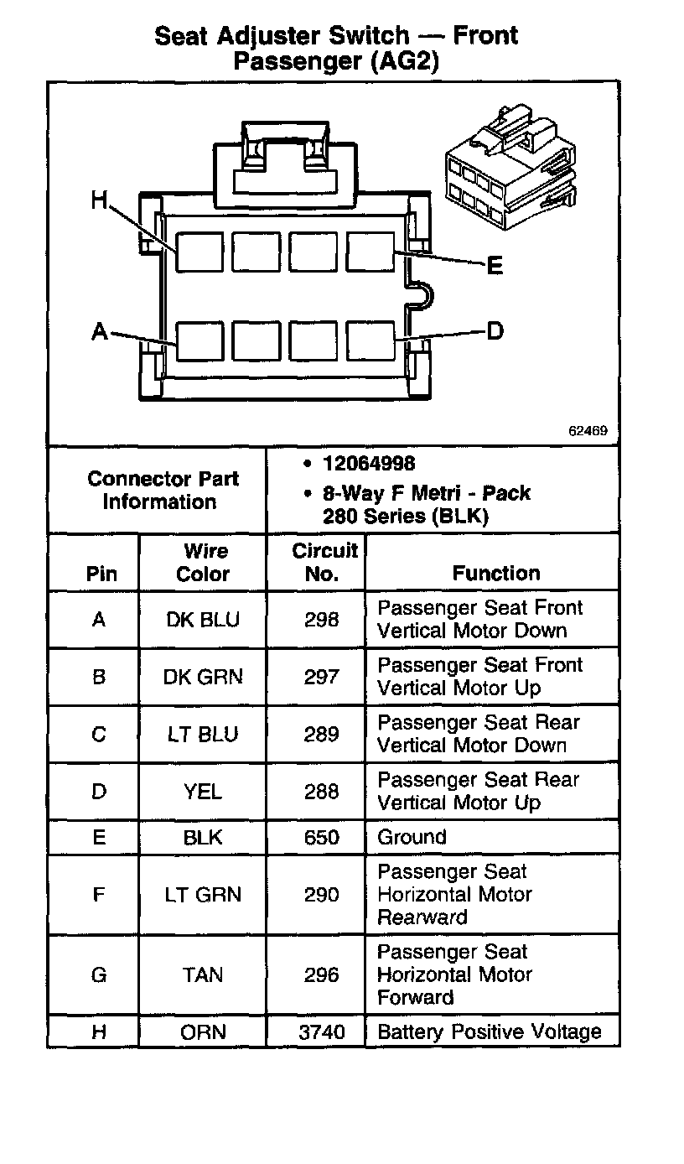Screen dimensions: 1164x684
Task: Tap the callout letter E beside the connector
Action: (495, 266)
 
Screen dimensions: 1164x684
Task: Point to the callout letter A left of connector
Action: (100, 332)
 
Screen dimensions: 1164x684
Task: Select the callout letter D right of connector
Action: (495, 331)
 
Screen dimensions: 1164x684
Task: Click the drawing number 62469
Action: (588, 431)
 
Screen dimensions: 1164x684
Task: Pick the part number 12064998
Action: (369, 464)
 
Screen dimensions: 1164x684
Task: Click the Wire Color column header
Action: (204, 563)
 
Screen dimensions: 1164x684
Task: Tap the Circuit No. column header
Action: (324, 563)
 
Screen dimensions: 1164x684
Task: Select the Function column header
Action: (496, 574)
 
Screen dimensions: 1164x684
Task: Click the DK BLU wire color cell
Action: (203, 620)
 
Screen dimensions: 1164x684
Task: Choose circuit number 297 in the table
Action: (322, 677)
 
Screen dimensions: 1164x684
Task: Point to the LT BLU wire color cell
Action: (203, 735)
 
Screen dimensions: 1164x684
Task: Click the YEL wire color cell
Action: (203, 792)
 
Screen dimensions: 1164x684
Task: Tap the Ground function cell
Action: (412, 837)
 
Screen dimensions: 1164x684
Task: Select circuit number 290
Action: (322, 895)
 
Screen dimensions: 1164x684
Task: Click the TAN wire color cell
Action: (203, 974)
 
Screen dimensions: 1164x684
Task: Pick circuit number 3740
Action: (322, 1031)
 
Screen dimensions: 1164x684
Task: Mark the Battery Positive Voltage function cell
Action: (490, 1031)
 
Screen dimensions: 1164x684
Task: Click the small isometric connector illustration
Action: (511, 172)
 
